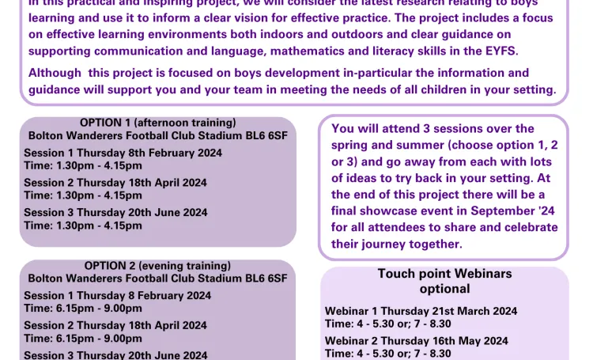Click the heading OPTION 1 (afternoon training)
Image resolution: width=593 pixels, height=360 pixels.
point(158,123)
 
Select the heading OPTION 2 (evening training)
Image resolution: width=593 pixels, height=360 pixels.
point(158,266)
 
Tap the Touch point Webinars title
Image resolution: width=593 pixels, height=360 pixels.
point(444,274)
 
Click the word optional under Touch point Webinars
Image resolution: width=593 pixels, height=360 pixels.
point(444,289)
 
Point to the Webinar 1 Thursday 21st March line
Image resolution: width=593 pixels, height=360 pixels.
point(421,311)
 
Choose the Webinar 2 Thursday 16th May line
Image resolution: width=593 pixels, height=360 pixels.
point(417,341)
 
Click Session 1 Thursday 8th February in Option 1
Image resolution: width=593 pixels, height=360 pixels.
point(123,153)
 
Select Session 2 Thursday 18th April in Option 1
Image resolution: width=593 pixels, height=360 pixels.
point(115,182)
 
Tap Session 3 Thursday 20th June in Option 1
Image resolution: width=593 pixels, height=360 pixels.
point(115,212)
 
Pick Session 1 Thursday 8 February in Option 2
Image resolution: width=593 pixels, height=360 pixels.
point(118,296)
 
